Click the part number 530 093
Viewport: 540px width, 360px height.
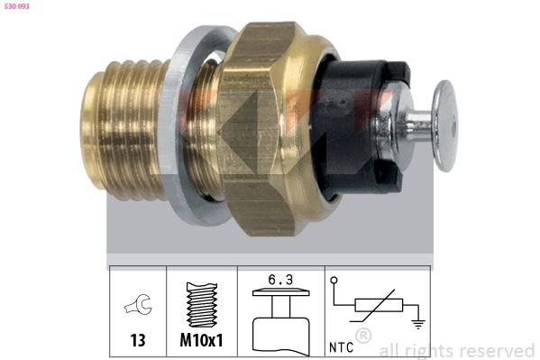pos(17,6)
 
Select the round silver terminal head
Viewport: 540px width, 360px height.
pos(445,125)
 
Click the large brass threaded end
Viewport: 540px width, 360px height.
pos(124,130)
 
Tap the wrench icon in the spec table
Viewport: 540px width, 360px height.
pos(138,304)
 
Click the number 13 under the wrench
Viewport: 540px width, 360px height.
pos(138,340)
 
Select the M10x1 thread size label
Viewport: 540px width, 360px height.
pos(201,340)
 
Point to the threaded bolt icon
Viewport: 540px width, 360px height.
pos(202,304)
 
